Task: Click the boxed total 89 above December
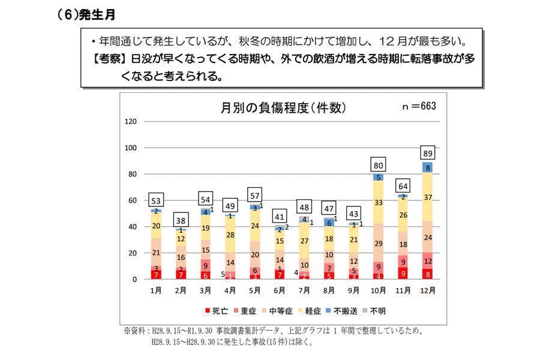click(x=428, y=151)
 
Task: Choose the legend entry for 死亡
click(x=217, y=311)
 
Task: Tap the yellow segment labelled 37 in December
click(x=428, y=197)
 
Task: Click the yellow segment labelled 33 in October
click(x=378, y=203)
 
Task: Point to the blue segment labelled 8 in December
click(x=428, y=168)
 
